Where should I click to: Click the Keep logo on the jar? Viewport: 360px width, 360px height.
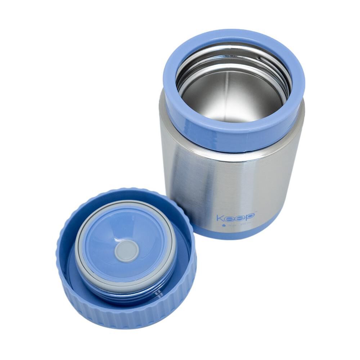coord(236,217)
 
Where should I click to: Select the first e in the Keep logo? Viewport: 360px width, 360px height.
coord(230,218)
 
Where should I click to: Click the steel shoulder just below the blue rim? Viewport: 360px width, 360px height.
coord(234,151)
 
